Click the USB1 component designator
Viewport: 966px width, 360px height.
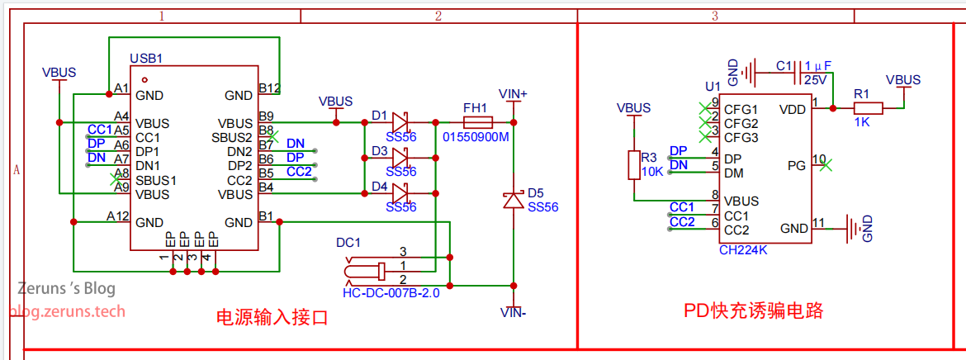[146, 59]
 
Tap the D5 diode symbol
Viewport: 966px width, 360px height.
[514, 200]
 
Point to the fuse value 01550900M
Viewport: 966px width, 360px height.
[476, 137]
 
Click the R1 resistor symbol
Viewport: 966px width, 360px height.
[868, 107]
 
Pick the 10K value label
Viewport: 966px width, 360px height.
[652, 172]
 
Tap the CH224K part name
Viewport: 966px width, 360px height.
[743, 249]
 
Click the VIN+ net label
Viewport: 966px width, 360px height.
[514, 93]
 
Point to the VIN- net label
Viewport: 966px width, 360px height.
[514, 312]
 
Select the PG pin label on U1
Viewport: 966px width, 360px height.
[797, 165]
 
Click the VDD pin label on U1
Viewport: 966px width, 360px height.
[793, 109]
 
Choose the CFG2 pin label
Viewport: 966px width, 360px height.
[741, 123]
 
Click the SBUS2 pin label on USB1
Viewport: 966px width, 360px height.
[232, 137]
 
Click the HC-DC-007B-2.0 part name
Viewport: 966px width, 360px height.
[391, 292]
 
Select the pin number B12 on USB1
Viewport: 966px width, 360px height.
[269, 88]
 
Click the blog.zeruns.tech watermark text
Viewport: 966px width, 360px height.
[68, 311]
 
